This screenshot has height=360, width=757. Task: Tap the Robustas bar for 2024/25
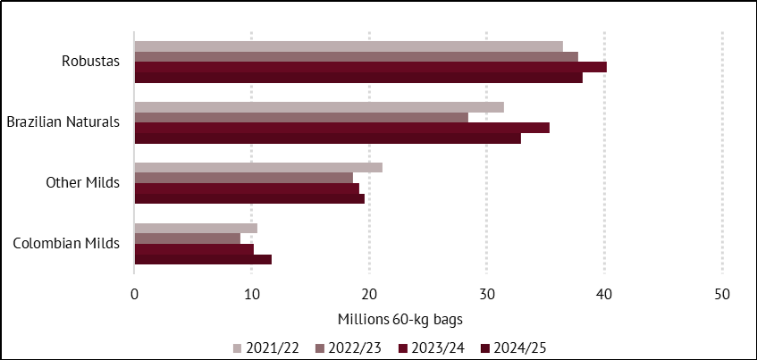[357, 77]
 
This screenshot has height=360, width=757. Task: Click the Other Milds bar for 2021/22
[258, 167]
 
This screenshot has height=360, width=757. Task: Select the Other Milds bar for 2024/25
[249, 198]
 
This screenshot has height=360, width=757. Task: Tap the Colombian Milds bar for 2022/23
[187, 239]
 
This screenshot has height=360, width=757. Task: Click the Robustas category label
[90, 62]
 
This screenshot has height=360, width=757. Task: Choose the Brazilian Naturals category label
[63, 122]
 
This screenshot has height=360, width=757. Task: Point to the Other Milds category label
[82, 183]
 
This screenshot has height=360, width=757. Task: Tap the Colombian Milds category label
[66, 244]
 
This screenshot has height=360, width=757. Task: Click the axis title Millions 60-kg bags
[400, 319]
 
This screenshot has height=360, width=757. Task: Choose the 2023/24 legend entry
[433, 347]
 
